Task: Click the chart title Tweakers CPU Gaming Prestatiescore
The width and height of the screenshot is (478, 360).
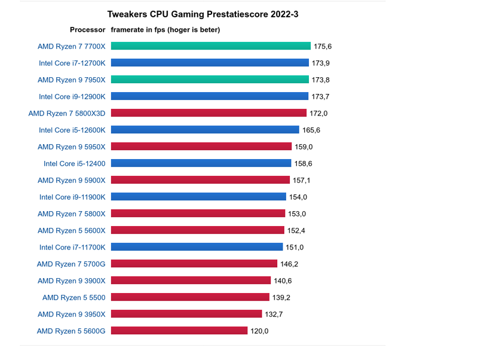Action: (203, 14)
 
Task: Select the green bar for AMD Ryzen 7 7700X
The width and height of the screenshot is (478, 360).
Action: (210, 46)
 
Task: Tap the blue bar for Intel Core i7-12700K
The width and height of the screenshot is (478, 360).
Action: (210, 63)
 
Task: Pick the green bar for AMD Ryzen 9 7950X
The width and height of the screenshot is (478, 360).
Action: (210, 80)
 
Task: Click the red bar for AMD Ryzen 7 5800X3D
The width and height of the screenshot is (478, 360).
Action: (209, 113)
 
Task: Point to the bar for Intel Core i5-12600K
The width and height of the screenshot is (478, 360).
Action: (205, 130)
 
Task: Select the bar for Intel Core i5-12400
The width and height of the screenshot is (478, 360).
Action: (201, 163)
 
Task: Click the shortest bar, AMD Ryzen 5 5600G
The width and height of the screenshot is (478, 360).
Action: (179, 331)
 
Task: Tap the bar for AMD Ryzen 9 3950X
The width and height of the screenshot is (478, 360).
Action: (186, 314)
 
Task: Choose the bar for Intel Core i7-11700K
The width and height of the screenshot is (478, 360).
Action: (197, 247)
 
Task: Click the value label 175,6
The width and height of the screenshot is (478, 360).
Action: (323, 46)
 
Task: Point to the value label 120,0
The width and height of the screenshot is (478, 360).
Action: (259, 331)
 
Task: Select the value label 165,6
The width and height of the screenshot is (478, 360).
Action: (311, 130)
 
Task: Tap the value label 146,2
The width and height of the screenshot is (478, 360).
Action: (289, 264)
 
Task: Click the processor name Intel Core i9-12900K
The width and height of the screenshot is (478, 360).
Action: (72, 96)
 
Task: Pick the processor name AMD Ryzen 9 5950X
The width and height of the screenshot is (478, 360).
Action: (71, 147)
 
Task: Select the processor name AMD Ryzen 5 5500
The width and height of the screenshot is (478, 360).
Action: (73, 297)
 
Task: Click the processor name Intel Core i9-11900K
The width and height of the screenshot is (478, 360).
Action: (72, 197)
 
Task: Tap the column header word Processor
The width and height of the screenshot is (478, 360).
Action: (87, 30)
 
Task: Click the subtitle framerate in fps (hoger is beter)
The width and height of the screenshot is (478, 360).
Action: (166, 30)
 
